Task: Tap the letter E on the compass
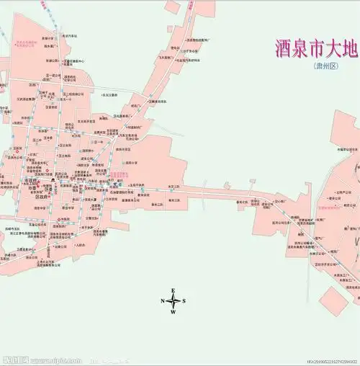(174, 290)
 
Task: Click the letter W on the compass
(174, 313)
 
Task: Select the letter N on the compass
(163, 301)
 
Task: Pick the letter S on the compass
(184, 301)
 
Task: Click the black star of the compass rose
(174, 301)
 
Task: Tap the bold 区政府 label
(41, 196)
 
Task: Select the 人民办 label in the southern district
(81, 244)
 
